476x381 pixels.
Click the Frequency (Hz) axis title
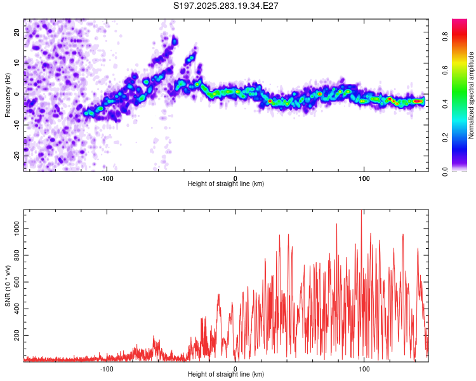tap(8, 95)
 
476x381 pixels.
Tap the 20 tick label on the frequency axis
tap(17, 32)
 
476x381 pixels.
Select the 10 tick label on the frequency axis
tap(17, 63)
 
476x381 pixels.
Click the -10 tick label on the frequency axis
tap(16, 125)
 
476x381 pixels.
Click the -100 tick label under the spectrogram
tap(107, 178)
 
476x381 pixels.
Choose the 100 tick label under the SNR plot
tap(364, 368)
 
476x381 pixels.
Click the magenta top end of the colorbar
tap(459, 22)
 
